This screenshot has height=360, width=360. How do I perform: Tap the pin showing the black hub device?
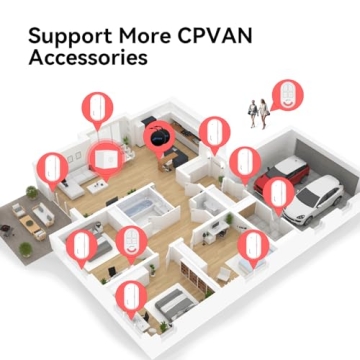point(156,136)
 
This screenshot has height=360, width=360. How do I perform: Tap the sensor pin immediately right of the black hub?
point(212,132)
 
